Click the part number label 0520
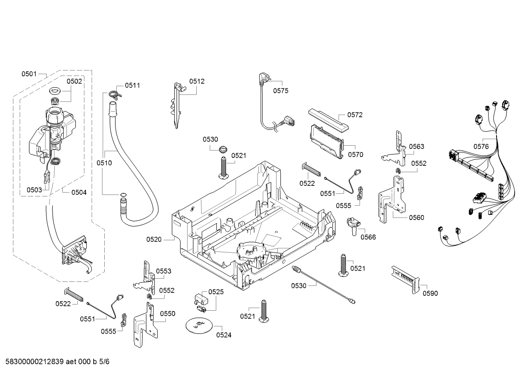[x=154, y=239]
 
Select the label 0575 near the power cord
[x=281, y=91]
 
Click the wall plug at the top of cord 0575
[x=262, y=78]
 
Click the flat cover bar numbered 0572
[x=328, y=119]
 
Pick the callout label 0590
[x=430, y=293]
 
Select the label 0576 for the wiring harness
[x=481, y=146]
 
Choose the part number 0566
[x=368, y=237]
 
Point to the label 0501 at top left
[x=29, y=74]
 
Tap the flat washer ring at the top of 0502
[x=55, y=91]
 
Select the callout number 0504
[x=79, y=192]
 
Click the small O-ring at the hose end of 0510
[x=123, y=195]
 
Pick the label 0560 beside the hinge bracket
[x=417, y=218]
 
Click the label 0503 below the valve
[x=34, y=190]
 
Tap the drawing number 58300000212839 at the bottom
[x=35, y=361]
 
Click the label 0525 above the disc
[x=216, y=292]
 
